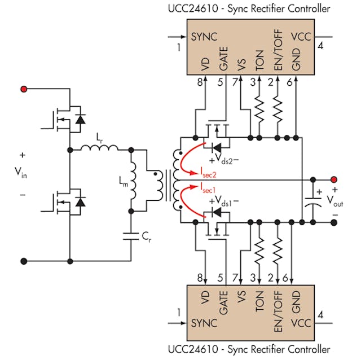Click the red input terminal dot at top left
coord(24,89)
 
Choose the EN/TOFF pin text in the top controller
coord(278,56)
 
